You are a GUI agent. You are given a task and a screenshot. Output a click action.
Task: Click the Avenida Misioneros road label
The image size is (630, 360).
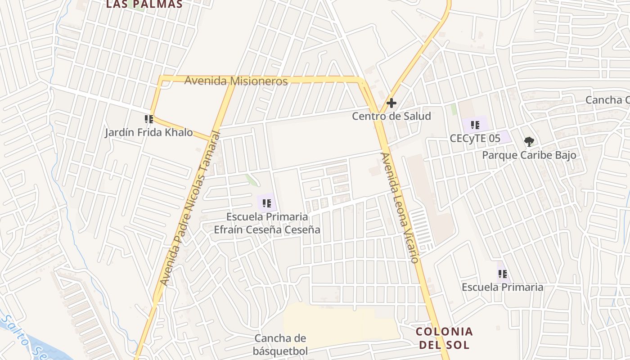[236, 81]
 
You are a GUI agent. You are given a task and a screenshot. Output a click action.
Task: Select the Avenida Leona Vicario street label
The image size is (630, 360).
[400, 207]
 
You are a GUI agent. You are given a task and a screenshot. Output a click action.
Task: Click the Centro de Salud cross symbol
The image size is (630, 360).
[391, 103]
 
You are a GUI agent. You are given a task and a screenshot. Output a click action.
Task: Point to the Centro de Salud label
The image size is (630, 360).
[391, 116]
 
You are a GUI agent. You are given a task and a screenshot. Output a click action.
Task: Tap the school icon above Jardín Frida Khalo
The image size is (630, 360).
[149, 119]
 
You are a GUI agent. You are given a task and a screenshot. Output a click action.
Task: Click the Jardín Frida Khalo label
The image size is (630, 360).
[149, 133]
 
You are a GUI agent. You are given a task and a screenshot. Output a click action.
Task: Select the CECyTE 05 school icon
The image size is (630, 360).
[475, 125]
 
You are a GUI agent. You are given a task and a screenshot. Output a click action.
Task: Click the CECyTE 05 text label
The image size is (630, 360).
[475, 138]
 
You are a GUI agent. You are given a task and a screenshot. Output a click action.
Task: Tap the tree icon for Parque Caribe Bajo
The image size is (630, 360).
[529, 142]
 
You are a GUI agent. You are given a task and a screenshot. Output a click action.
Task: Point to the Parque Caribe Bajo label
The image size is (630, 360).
[529, 155]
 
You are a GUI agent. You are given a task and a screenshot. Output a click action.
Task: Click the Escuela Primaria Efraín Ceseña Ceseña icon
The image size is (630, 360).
[267, 203]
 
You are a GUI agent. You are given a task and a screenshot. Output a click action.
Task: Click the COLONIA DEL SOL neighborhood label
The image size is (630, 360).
[444, 338]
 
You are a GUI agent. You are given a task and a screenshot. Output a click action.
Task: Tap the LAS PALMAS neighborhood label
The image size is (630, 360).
[144, 4]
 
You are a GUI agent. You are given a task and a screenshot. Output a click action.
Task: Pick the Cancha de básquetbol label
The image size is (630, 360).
[280, 345]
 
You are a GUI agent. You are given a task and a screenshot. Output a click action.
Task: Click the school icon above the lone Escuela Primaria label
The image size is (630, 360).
[503, 274]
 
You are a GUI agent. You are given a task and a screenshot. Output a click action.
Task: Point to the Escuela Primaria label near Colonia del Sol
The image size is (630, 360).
[503, 287]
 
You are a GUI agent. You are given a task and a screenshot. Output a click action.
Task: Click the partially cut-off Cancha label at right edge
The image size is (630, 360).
[607, 100]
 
